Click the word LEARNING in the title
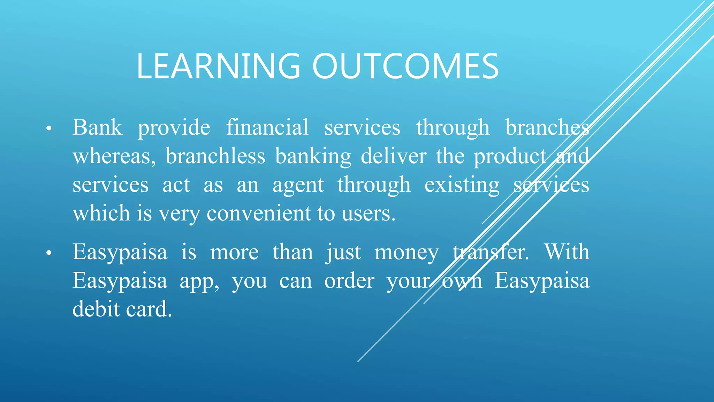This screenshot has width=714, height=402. pos(218,66)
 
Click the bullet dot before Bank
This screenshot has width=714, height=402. pos(49,129)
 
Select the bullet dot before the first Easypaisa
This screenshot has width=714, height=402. pos(49,253)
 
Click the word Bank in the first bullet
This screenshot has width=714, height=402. pos(97,127)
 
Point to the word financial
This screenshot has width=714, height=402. pos(267,127)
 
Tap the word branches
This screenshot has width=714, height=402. pos(547,127)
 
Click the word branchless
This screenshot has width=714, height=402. pos(215,156)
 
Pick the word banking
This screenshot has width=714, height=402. pos(313,156)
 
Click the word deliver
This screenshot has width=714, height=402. pos(394,156)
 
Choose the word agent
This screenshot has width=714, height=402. pos(298,185)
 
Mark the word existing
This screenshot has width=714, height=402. pos(462,185)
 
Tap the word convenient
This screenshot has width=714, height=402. pos(258,214)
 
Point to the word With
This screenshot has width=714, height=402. pos(567,252)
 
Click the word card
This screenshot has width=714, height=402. pos(148,309)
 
